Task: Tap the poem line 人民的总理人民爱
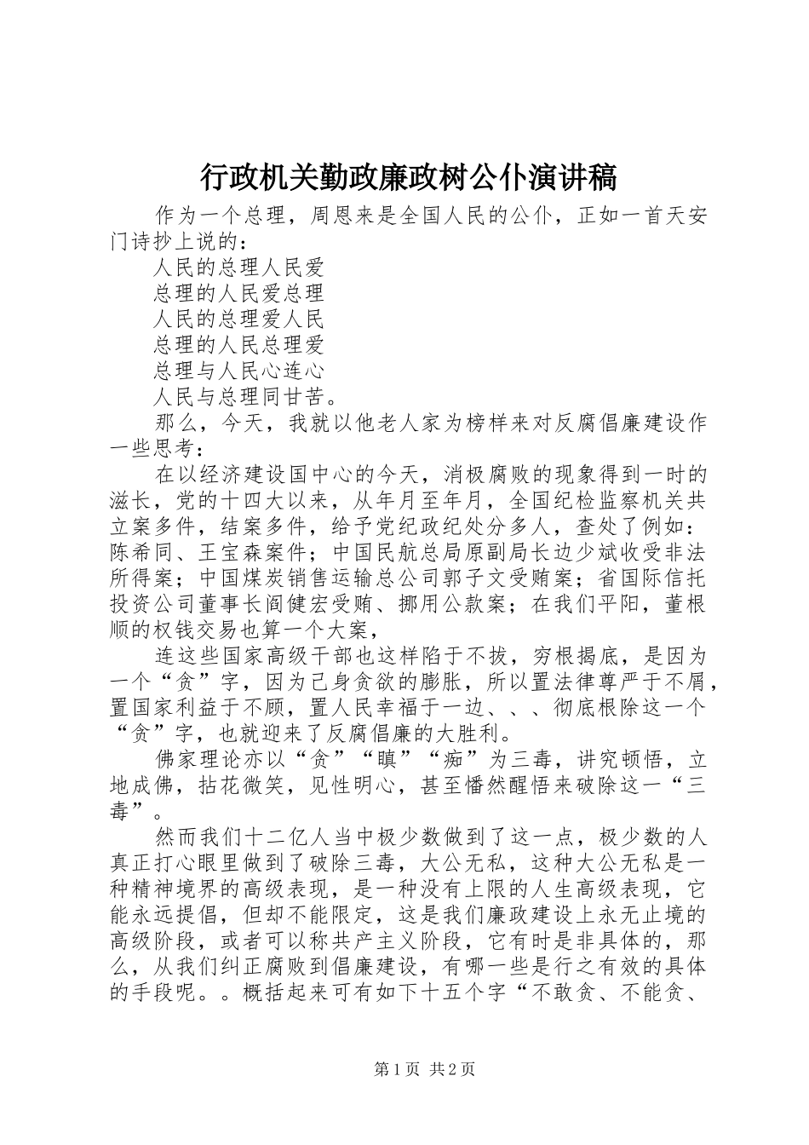239,268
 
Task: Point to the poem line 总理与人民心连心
239,371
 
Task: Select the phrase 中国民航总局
384,552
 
